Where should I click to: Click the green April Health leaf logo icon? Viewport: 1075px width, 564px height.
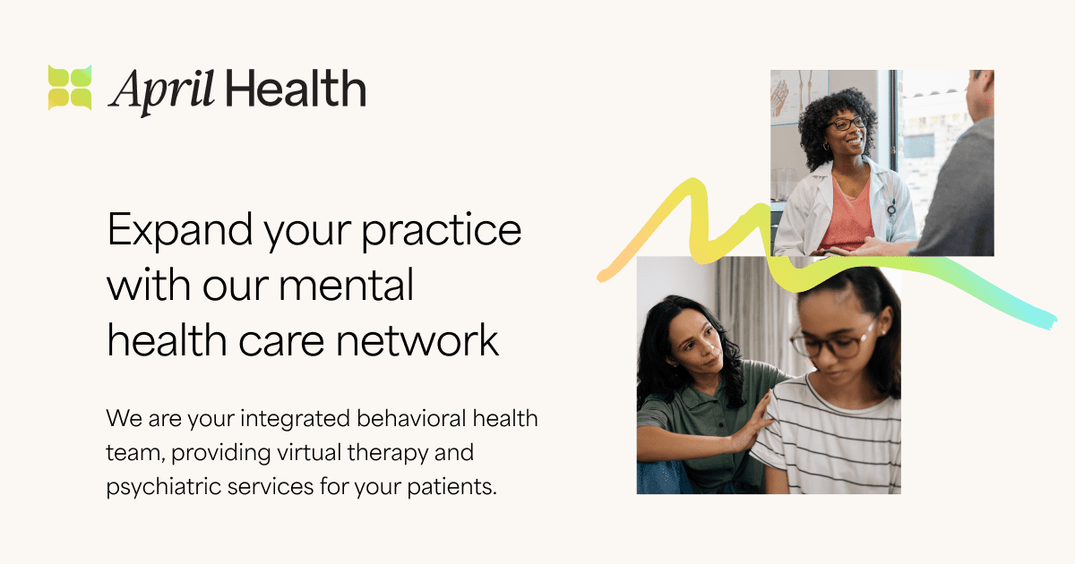70,88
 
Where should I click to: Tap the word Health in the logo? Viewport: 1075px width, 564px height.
296,90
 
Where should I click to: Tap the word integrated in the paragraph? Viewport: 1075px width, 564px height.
289,419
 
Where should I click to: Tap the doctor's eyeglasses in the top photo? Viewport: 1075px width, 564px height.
846,124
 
